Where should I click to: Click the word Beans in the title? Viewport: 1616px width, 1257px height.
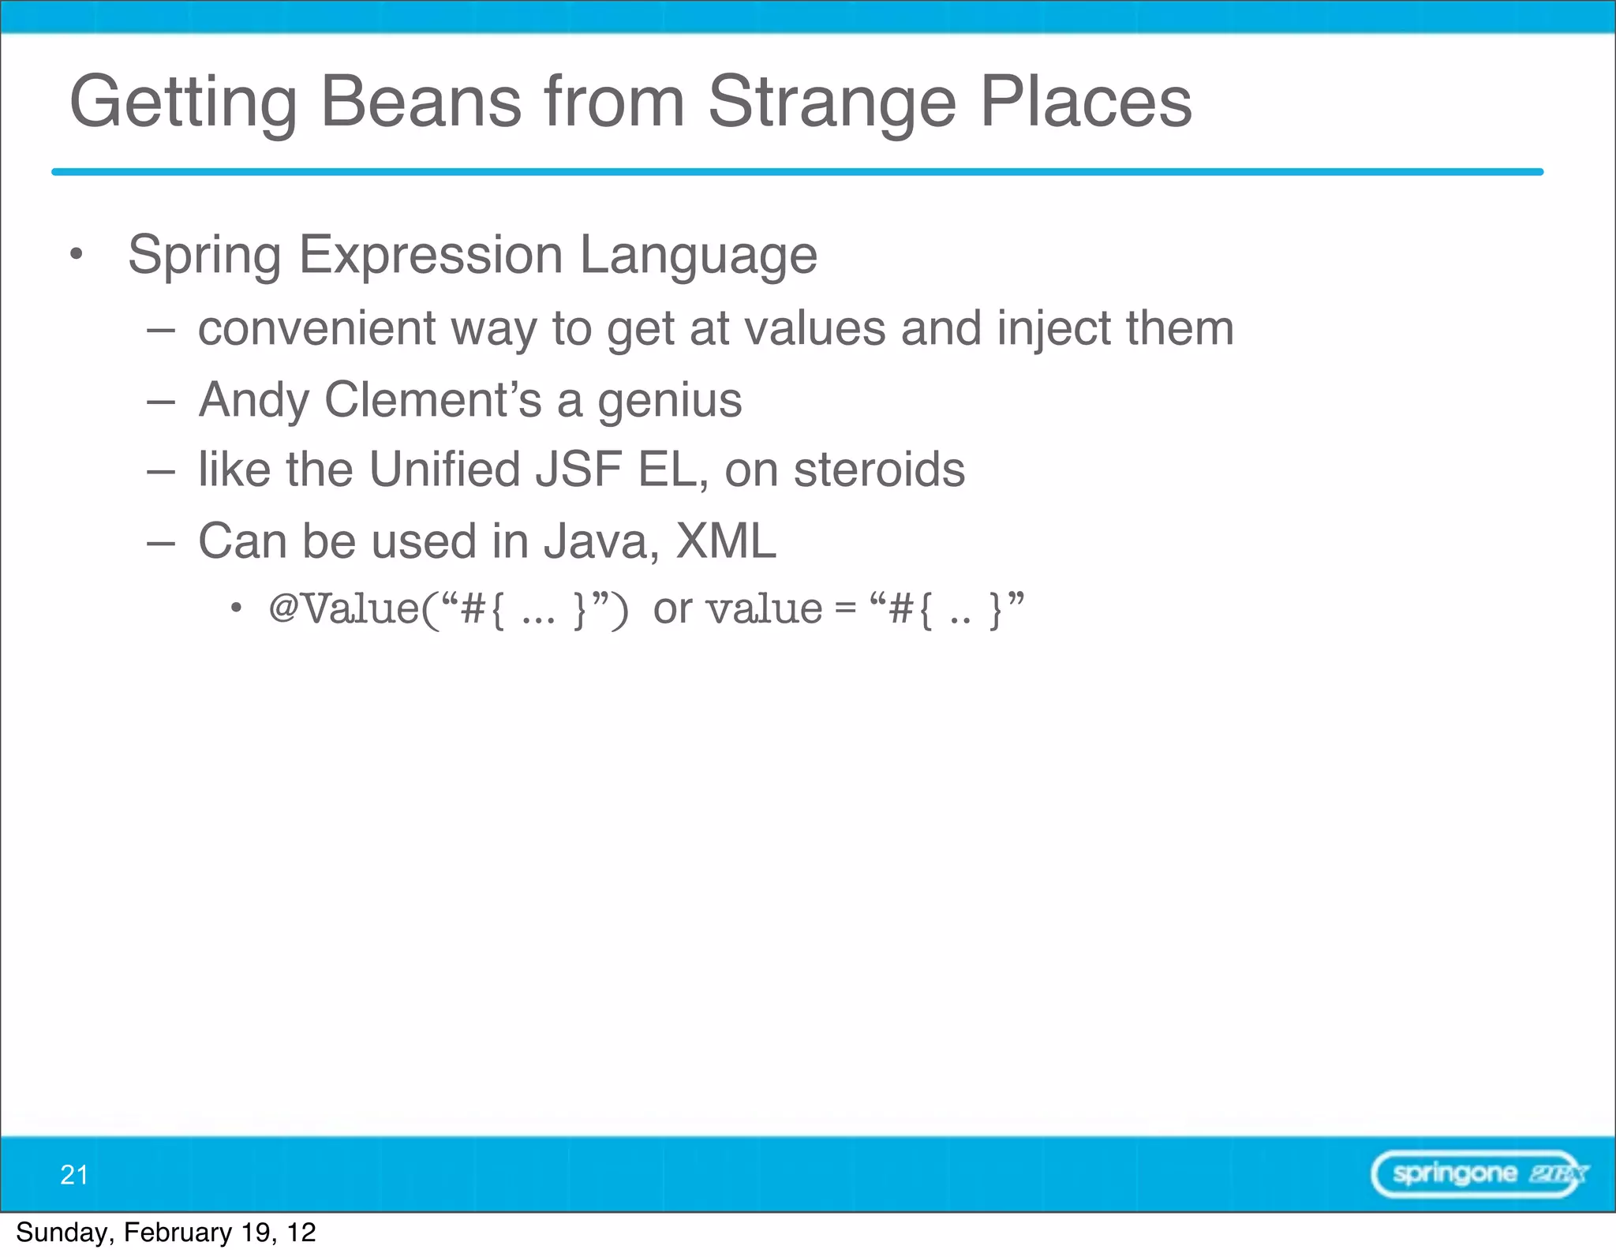pyautogui.click(x=421, y=102)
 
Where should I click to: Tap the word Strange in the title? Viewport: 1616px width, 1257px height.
pyautogui.click(x=832, y=103)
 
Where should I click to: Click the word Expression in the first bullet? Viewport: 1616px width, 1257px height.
pyautogui.click(x=430, y=256)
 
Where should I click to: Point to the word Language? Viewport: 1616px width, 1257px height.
pyautogui.click(x=698, y=256)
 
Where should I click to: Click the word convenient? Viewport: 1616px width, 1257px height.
pyautogui.click(x=316, y=328)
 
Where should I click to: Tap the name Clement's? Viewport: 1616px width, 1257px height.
pyautogui.click(x=433, y=399)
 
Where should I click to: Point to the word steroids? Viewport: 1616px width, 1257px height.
pyautogui.click(x=879, y=470)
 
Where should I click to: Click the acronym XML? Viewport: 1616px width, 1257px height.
pyautogui.click(x=726, y=541)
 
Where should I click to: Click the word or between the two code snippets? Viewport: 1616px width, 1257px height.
pyautogui.click(x=672, y=609)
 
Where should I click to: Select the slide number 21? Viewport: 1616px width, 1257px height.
pyautogui.click(x=74, y=1175)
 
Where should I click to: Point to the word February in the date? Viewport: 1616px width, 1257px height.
pyautogui.click(x=178, y=1233)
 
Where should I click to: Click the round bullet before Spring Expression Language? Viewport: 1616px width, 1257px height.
pyautogui.click(x=76, y=254)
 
